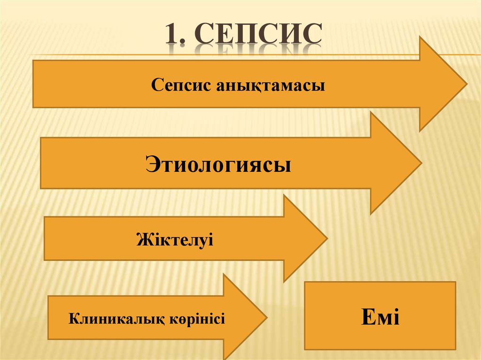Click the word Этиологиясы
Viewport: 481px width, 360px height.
(x=218, y=166)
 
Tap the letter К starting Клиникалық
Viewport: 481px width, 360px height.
(x=74, y=320)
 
